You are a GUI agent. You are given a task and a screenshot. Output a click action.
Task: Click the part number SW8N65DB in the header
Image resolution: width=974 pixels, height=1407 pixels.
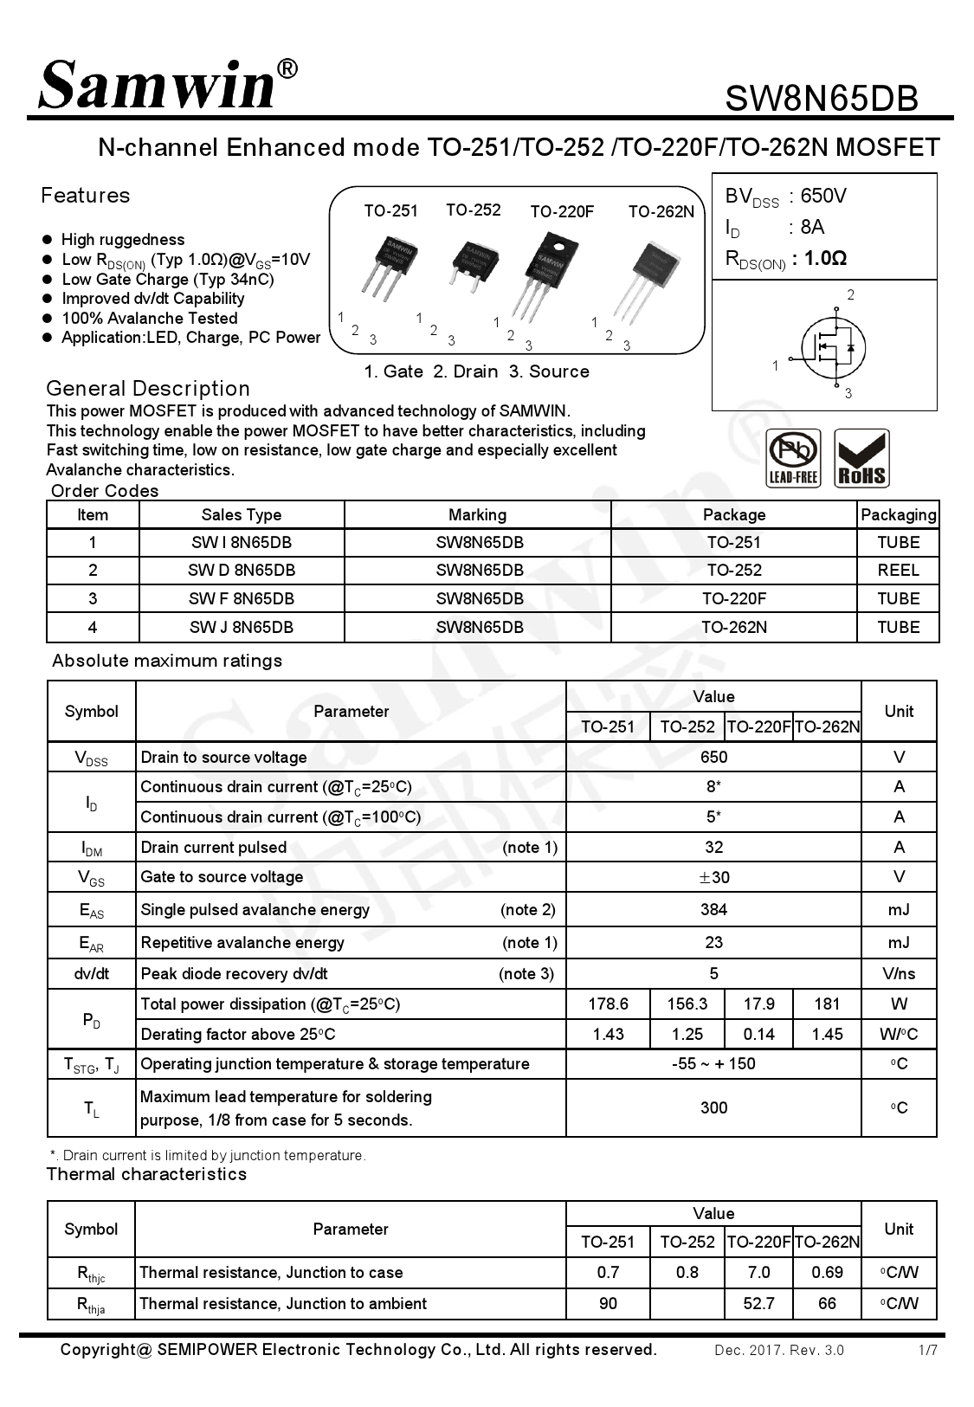tap(821, 98)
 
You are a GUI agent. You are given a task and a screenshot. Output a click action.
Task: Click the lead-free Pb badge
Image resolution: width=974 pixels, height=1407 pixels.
tap(794, 458)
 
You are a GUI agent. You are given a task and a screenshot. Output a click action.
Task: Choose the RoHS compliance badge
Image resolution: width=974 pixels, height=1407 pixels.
tap(861, 458)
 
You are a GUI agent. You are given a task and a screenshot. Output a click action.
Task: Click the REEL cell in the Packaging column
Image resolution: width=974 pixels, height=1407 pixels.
tap(898, 570)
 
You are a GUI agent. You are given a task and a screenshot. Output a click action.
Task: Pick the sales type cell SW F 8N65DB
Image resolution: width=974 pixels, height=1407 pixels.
tap(242, 598)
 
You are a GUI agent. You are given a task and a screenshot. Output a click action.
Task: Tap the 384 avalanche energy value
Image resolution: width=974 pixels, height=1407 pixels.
tap(713, 909)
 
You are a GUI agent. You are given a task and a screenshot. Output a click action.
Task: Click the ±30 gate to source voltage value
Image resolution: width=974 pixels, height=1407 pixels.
tap(713, 877)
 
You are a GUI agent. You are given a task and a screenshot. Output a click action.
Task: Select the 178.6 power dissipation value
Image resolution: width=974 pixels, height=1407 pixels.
tap(608, 1004)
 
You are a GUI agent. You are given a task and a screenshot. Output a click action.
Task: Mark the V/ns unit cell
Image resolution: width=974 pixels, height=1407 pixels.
tap(899, 973)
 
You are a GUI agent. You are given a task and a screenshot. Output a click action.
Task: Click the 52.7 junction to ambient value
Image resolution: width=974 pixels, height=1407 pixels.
tap(758, 1303)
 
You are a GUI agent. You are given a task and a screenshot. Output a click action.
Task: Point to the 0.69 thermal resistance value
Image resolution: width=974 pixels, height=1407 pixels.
tap(827, 1272)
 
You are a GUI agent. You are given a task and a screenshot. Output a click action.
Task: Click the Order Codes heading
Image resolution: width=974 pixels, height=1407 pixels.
tap(105, 491)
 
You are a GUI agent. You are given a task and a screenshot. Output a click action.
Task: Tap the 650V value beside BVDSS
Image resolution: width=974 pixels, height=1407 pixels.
tap(823, 196)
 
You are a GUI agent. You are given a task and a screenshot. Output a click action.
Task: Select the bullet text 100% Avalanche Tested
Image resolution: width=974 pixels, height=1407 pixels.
tap(149, 318)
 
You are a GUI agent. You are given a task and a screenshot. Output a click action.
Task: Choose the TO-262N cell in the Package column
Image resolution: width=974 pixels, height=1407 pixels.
tap(733, 627)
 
